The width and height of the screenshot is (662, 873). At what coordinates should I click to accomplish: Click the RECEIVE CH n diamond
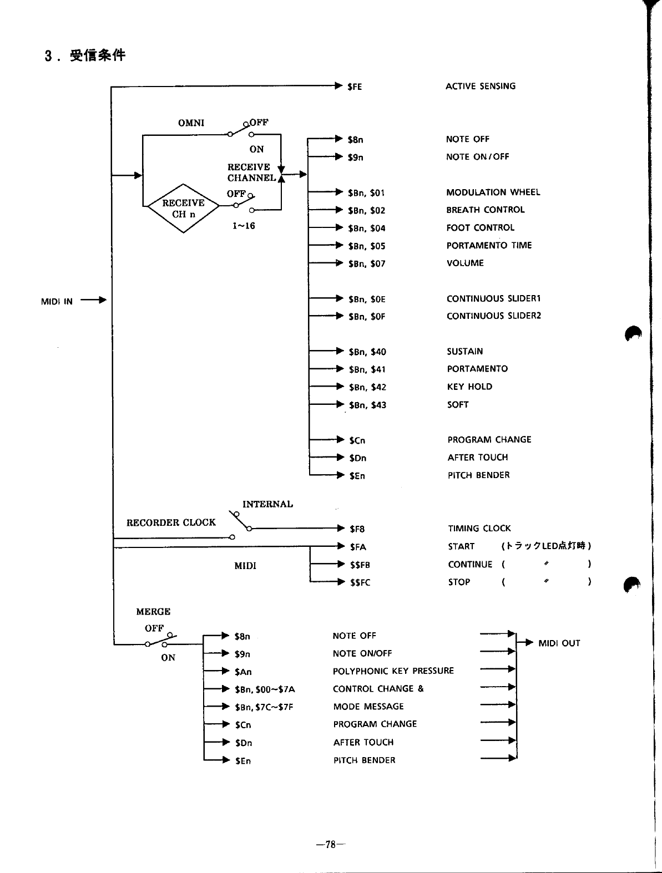[x=183, y=208]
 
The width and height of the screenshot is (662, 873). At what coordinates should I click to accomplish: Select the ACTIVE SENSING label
[x=481, y=86]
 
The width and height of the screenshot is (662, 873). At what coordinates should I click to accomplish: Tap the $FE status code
[x=355, y=87]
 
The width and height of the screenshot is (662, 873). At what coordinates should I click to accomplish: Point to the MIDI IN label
[x=57, y=302]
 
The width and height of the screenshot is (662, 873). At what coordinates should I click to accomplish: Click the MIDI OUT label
[x=559, y=643]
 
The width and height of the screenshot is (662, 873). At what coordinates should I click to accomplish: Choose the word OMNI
[x=191, y=123]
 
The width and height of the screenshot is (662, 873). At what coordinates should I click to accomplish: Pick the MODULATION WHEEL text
[x=493, y=192]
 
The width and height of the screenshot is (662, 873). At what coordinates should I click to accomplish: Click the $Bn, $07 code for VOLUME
[x=366, y=263]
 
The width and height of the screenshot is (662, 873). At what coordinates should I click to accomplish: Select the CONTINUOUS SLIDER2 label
[x=493, y=316]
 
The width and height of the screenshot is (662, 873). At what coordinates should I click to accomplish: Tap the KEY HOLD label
[x=469, y=387]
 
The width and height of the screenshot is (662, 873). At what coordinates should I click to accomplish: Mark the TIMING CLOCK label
[x=479, y=529]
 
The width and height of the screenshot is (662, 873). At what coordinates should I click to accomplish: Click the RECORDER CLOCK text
[x=171, y=522]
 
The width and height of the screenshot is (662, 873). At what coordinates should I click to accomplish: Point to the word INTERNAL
[x=267, y=504]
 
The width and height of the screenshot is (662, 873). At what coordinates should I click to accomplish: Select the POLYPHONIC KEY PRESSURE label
[x=393, y=671]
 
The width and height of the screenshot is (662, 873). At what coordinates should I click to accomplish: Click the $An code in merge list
[x=243, y=672]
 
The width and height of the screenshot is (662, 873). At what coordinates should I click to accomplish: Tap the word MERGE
[x=153, y=612]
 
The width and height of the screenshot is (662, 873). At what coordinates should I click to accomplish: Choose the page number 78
[x=331, y=845]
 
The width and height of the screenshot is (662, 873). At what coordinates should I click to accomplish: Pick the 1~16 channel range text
[x=244, y=226]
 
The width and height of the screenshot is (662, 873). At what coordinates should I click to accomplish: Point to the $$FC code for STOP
[x=360, y=582]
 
